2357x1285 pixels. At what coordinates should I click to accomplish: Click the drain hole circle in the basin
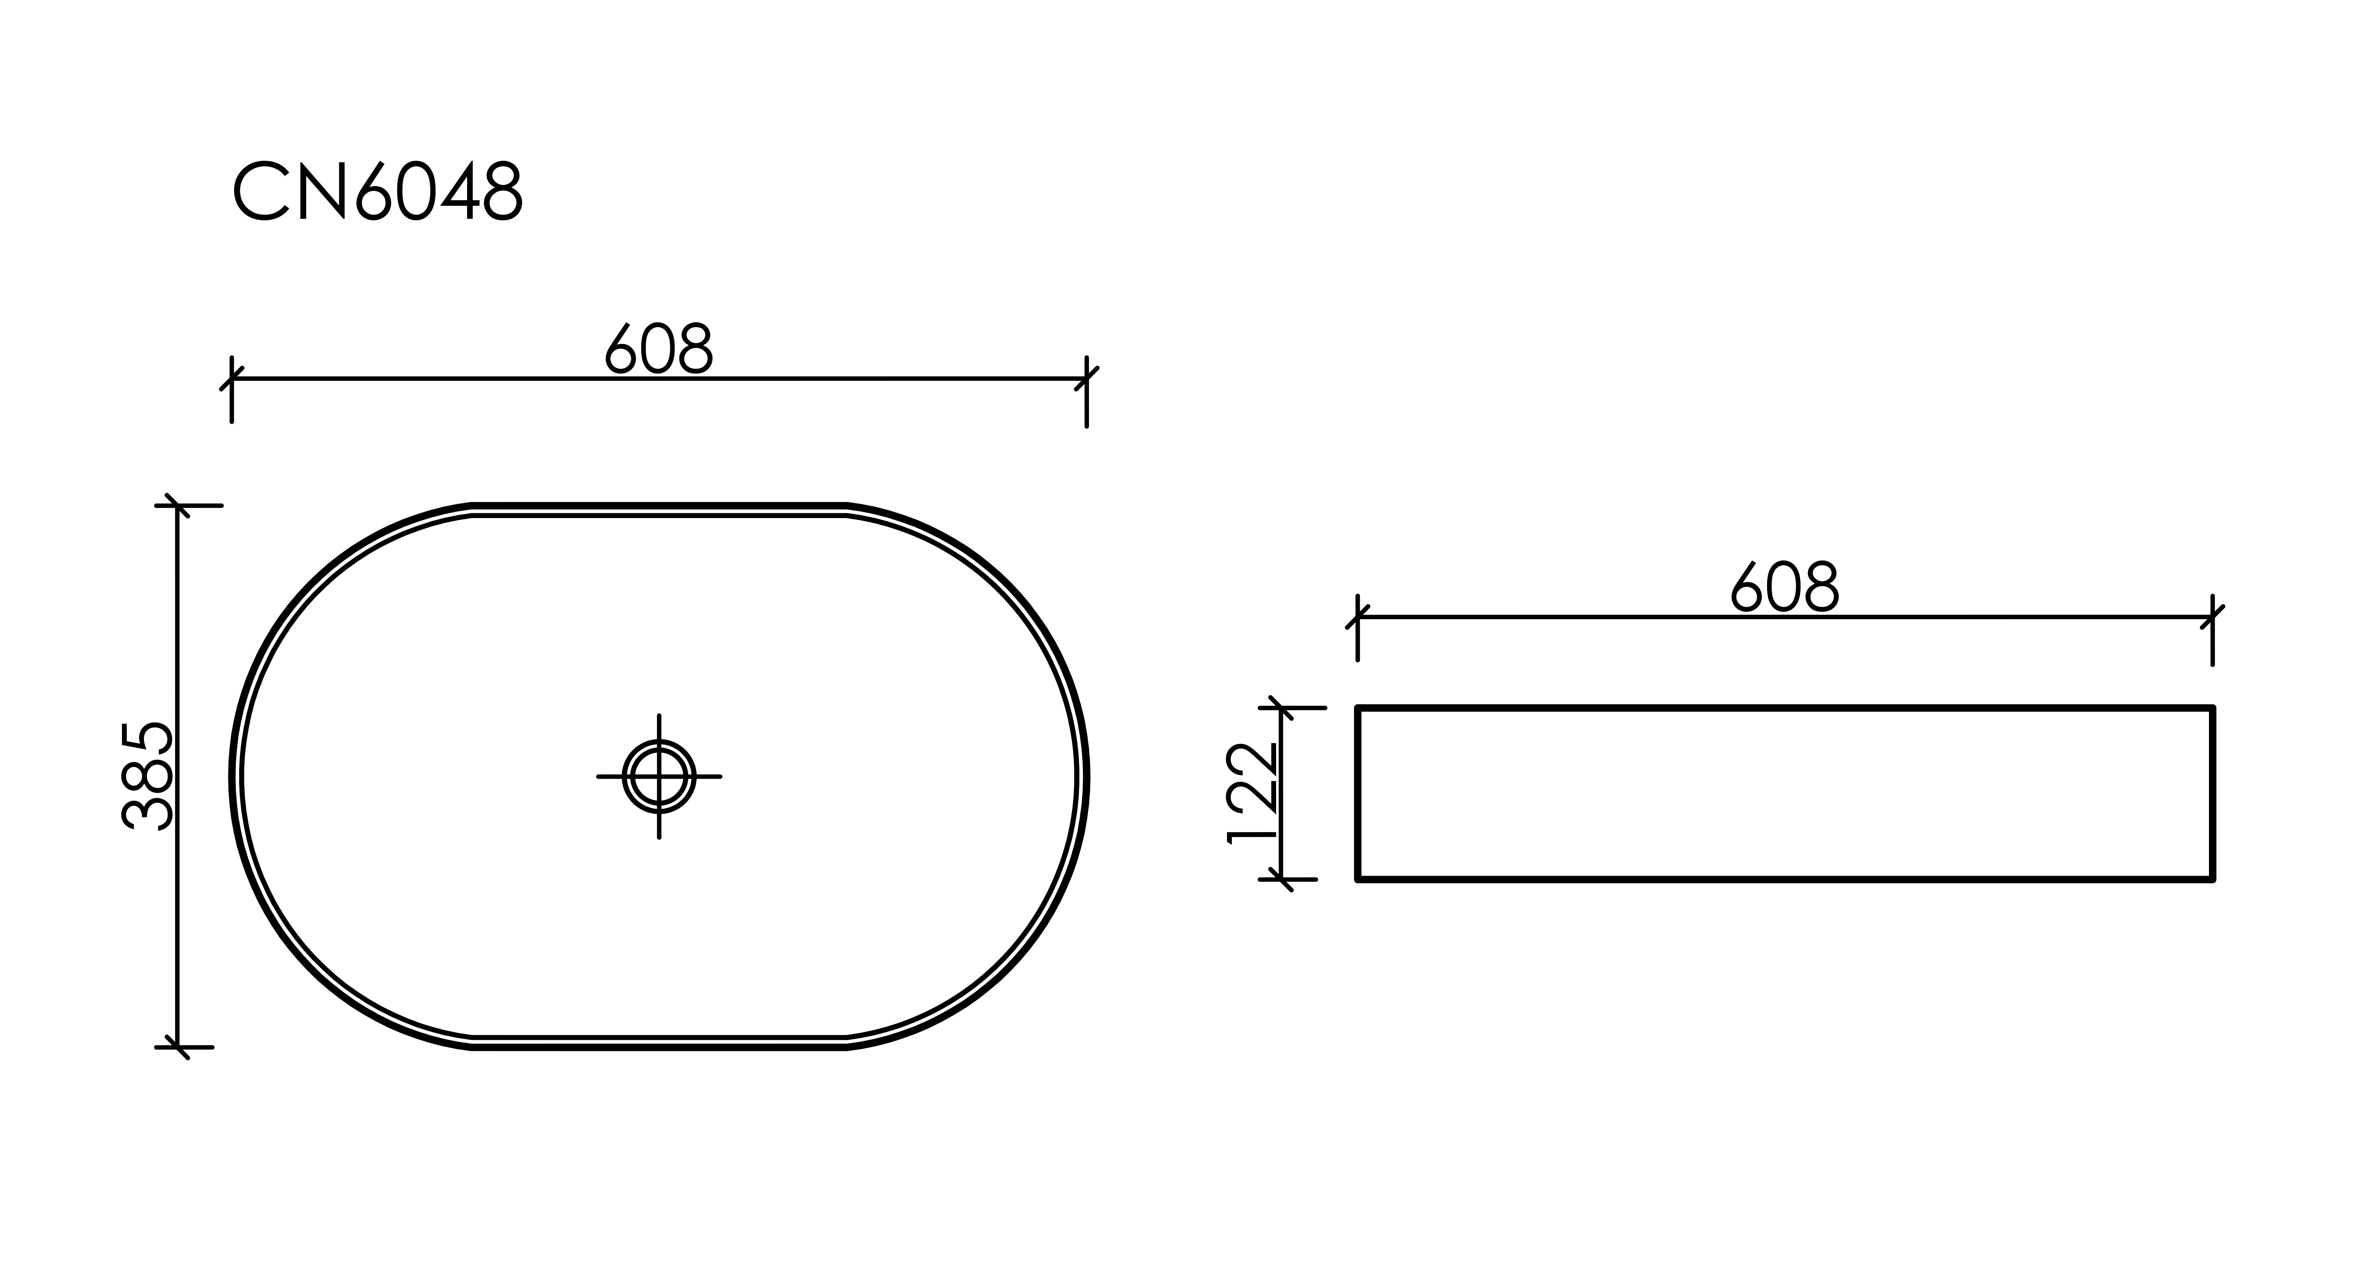(x=659, y=776)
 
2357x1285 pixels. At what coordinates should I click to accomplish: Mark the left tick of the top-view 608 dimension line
(x=231, y=378)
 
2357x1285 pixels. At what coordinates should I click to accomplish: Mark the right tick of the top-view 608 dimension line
(x=1086, y=378)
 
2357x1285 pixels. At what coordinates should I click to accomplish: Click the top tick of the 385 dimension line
(x=177, y=505)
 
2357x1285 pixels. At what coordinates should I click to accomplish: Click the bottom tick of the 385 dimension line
(x=177, y=1047)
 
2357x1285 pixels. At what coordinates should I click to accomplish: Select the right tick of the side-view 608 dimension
(x=2212, y=617)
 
